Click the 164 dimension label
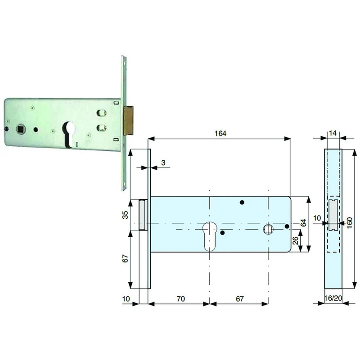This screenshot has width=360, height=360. point(220,133)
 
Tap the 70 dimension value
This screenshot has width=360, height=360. point(181,299)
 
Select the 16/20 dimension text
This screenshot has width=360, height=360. point(333,298)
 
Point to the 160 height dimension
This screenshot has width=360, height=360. point(349,223)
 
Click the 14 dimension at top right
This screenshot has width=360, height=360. point(333,133)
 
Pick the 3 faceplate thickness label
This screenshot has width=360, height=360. point(163,162)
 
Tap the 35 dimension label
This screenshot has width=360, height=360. point(126,215)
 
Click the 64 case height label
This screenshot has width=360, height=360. point(303,223)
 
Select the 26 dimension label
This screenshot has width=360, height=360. point(296,240)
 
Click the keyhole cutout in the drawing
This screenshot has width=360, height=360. point(210,236)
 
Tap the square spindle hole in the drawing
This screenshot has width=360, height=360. point(268,229)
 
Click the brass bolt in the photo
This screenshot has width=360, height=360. point(129,120)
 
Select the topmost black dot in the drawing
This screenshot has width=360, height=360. point(242,202)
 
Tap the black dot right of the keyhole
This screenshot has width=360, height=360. point(222,233)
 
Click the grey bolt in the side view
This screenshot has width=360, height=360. point(333,215)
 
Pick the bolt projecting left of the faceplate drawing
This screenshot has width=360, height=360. point(143,215)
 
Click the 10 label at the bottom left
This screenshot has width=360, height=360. point(126,299)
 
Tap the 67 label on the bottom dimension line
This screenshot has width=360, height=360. point(240,299)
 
